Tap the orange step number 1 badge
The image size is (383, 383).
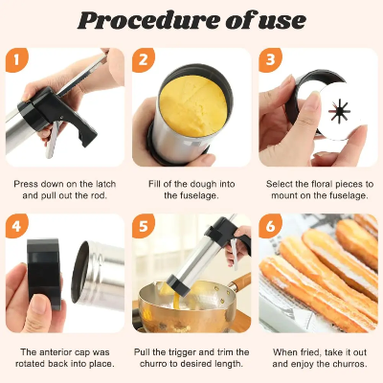point(17,59)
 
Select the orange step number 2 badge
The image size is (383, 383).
point(144,59)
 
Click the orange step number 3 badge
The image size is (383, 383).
point(270,59)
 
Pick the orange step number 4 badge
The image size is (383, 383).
point(17,226)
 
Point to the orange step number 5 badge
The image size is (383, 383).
point(144,226)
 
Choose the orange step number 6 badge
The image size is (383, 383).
point(270,226)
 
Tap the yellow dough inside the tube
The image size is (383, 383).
point(193,106)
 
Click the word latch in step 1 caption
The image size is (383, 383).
point(105,184)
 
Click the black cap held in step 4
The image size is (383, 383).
point(44,274)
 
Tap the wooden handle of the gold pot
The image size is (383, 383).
point(240,282)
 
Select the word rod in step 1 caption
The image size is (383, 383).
point(100,195)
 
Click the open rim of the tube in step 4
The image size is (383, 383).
point(79,272)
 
